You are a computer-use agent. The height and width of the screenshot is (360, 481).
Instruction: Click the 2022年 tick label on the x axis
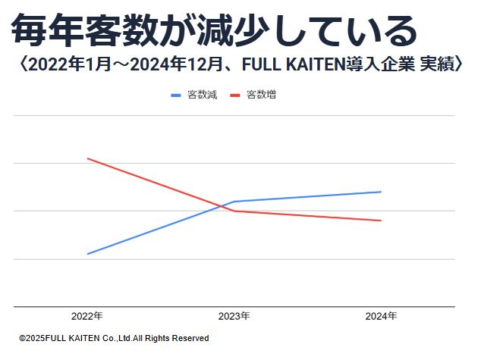pyautogui.click(x=87, y=316)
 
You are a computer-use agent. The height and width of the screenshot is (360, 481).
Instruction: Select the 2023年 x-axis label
pyautogui.click(x=234, y=316)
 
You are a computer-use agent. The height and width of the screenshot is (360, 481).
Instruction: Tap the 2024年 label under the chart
pyautogui.click(x=381, y=316)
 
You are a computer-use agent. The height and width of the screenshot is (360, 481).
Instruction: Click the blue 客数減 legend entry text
pyautogui.click(x=202, y=95)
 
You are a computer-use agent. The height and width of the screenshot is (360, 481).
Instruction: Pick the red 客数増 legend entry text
pyautogui.click(x=261, y=95)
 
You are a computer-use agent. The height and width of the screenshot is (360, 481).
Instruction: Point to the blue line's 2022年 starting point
pyautogui.click(x=87, y=254)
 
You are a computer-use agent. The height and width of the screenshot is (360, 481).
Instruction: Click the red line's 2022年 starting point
pyautogui.click(x=87, y=158)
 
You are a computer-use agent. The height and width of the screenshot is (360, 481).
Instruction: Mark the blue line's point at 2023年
pyautogui.click(x=234, y=202)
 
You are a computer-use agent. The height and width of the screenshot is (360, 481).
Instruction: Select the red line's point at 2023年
pyautogui.click(x=234, y=211)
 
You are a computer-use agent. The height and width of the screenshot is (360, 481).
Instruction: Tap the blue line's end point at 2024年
pyautogui.click(x=381, y=192)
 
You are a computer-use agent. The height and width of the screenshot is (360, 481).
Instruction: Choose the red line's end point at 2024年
pyautogui.click(x=381, y=221)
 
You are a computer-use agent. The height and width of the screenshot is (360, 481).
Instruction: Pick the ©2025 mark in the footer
pyautogui.click(x=33, y=338)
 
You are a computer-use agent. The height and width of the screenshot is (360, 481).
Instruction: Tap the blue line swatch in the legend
pyautogui.click(x=176, y=95)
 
